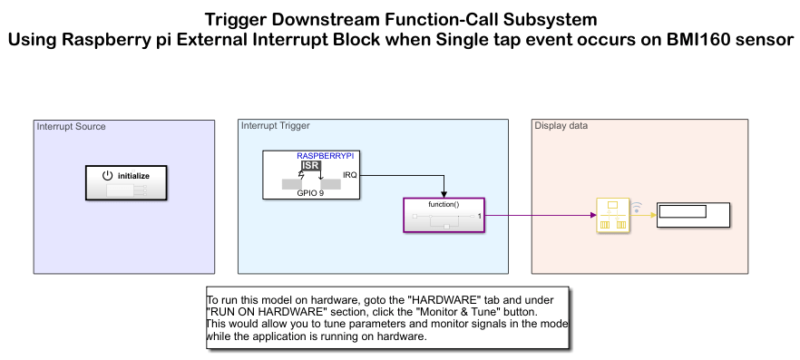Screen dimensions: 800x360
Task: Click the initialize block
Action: click(126, 182)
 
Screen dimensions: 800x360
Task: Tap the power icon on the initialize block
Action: click(107, 175)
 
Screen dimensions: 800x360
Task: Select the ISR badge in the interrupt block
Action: click(311, 166)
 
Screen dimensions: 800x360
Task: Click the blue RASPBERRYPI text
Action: click(326, 156)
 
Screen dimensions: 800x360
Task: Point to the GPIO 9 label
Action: click(310, 194)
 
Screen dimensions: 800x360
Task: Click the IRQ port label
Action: click(350, 175)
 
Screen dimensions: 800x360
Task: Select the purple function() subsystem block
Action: click(444, 215)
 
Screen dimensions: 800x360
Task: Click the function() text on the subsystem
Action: click(444, 204)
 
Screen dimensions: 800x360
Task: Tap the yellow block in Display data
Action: click(613, 215)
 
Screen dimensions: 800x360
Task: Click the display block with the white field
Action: click(693, 215)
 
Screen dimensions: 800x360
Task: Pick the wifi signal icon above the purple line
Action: click(637, 207)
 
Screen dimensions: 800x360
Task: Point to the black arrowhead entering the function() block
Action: click(444, 194)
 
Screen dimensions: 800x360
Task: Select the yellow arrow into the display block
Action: click(643, 215)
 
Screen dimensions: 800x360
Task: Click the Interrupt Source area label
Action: click(71, 126)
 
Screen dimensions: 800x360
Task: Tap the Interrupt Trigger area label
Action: click(276, 125)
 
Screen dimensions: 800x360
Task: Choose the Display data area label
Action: click(561, 125)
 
